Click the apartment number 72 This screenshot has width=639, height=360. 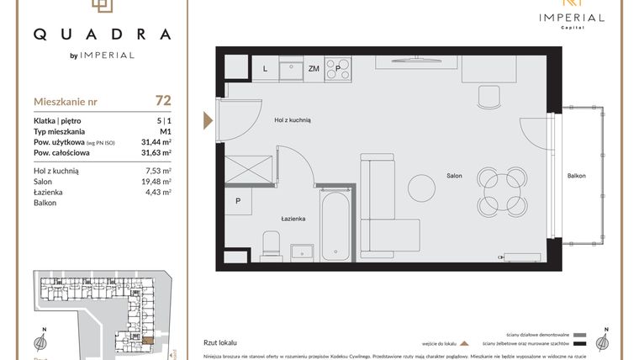pyautogui.click(x=163, y=101)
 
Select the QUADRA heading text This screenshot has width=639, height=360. pyautogui.click(x=102, y=34)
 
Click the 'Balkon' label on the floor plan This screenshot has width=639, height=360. pyautogui.click(x=576, y=176)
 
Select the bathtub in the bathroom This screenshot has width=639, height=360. pyautogui.click(x=334, y=223)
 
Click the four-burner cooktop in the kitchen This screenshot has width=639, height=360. pyautogui.click(x=339, y=66)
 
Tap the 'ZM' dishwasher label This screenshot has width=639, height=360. pyautogui.click(x=313, y=69)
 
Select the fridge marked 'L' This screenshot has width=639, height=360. pyautogui.click(x=265, y=68)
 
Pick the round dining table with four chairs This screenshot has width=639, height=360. pyautogui.click(x=502, y=190)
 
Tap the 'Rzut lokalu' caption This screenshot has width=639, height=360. pyautogui.click(x=219, y=342)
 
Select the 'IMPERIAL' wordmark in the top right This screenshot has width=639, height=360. pyautogui.click(x=571, y=17)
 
